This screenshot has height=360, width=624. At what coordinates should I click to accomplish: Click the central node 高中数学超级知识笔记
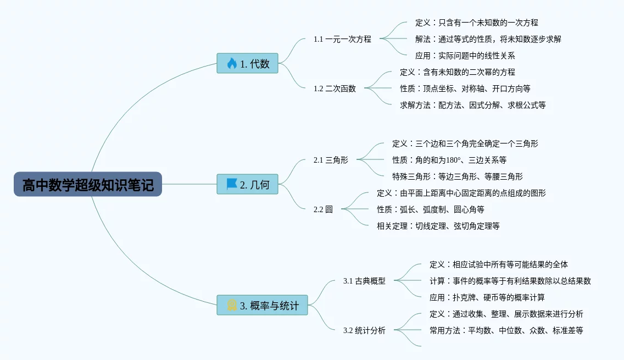click(x=88, y=184)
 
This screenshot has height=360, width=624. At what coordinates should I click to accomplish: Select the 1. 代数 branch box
click(x=247, y=63)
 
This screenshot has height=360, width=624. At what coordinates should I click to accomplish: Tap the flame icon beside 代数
click(x=232, y=63)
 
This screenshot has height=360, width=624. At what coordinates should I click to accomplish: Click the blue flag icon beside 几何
click(x=232, y=184)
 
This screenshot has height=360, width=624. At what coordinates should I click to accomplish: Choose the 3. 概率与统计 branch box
click(x=262, y=305)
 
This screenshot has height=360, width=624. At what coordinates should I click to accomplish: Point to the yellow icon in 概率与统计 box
click(x=232, y=305)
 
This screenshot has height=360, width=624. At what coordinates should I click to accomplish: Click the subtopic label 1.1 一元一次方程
click(x=342, y=39)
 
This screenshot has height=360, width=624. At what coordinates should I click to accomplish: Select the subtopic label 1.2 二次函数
click(x=335, y=88)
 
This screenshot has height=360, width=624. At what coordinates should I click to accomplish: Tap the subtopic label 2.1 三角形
click(x=331, y=160)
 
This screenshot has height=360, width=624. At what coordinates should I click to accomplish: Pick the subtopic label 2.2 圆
click(x=323, y=209)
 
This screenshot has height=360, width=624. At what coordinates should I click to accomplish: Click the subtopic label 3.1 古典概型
click(x=364, y=281)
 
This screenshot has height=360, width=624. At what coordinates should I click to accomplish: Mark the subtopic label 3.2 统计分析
click(x=364, y=330)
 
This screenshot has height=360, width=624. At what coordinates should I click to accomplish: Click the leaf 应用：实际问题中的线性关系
click(x=465, y=56)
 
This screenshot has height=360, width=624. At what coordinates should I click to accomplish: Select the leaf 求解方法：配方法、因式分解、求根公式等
click(x=472, y=105)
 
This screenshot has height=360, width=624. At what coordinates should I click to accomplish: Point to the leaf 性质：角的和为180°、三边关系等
click(x=449, y=160)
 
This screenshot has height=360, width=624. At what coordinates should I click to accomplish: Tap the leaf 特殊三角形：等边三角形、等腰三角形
click(x=457, y=176)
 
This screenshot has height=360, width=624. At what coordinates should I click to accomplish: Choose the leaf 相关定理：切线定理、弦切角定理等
click(x=438, y=226)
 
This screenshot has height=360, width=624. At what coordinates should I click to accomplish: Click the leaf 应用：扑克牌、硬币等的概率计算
click(x=487, y=297)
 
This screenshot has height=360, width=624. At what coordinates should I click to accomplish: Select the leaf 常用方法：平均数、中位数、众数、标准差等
click(x=506, y=330)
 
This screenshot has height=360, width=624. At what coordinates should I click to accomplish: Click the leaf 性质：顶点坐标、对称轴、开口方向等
click(x=465, y=88)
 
